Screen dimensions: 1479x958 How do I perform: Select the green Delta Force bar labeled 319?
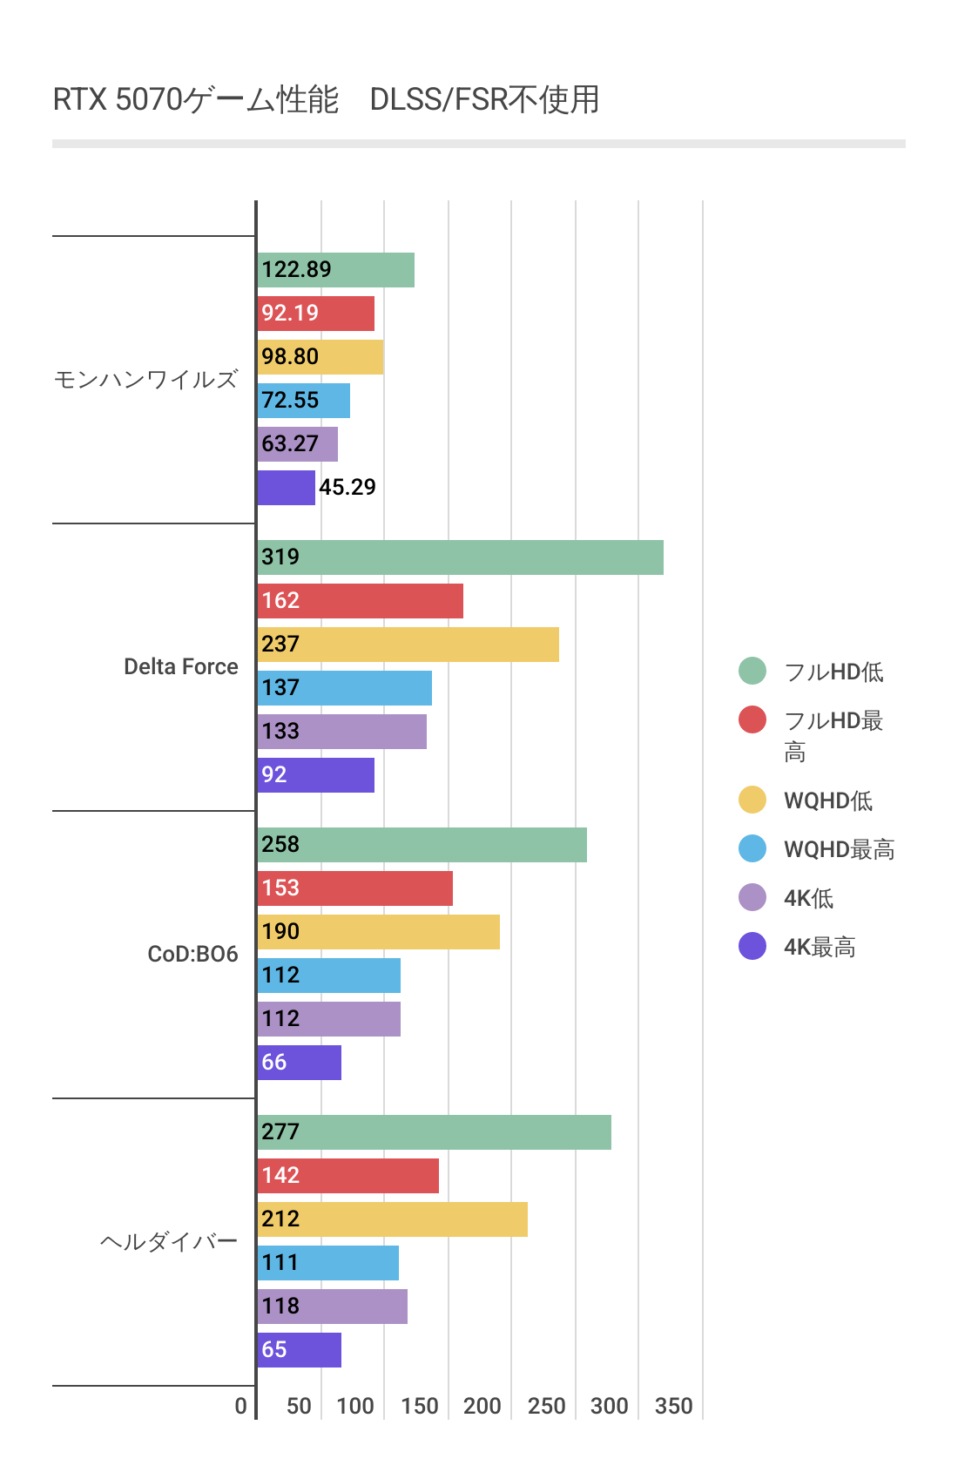point(460,557)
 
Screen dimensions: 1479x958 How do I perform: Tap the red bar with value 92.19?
point(315,314)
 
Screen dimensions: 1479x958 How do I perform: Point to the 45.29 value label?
point(347,487)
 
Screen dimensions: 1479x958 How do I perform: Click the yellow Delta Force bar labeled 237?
point(408,645)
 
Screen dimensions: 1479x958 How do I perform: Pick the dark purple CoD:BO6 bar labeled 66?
point(299,1063)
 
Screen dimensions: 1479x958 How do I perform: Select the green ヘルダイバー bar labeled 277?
point(434,1132)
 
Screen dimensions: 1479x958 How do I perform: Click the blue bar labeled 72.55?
point(303,401)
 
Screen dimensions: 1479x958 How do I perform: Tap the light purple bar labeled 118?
point(332,1307)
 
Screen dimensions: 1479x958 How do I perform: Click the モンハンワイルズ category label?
point(145,380)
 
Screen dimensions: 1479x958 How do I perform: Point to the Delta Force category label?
point(180,667)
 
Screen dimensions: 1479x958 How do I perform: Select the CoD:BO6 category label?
point(192,955)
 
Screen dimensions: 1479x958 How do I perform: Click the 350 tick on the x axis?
point(673,1406)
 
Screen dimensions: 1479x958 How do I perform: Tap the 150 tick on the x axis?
point(419,1406)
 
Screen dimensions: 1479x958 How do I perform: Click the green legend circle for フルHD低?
point(752,671)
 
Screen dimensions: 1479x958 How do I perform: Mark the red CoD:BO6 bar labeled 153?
point(354,888)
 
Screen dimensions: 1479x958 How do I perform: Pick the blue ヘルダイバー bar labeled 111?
point(327,1263)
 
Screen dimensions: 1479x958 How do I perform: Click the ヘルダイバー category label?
point(168,1242)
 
